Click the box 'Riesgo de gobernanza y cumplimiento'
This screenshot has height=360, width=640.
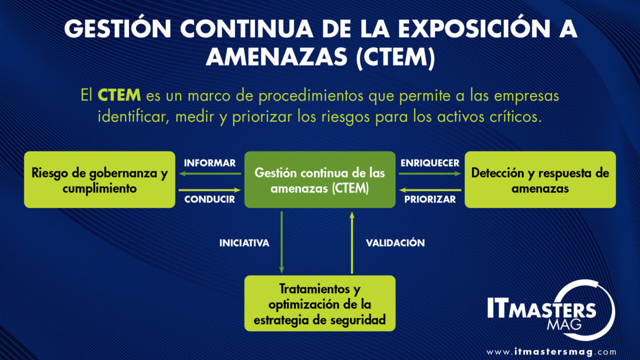tap(99, 179)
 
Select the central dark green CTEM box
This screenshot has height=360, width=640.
tap(320, 179)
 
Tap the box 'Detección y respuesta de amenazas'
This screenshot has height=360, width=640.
tap(540, 179)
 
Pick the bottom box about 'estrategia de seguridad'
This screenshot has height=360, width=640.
tap(320, 303)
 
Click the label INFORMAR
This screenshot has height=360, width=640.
tap(209, 163)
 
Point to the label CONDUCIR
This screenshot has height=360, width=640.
tap(209, 199)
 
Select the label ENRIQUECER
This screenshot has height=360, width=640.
tap(430, 163)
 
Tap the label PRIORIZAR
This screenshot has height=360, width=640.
tap(430, 199)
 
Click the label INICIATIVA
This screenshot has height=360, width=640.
tap(244, 243)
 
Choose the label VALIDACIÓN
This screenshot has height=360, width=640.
tap(395, 243)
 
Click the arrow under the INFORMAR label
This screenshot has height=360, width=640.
tap(209, 173)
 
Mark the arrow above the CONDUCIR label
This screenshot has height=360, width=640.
tap(209, 190)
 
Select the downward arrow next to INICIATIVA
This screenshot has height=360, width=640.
tap(282, 242)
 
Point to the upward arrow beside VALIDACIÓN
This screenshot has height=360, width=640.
tap(352, 242)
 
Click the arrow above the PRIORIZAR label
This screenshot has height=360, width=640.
tap(430, 190)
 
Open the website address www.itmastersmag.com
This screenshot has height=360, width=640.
tap(551, 351)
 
